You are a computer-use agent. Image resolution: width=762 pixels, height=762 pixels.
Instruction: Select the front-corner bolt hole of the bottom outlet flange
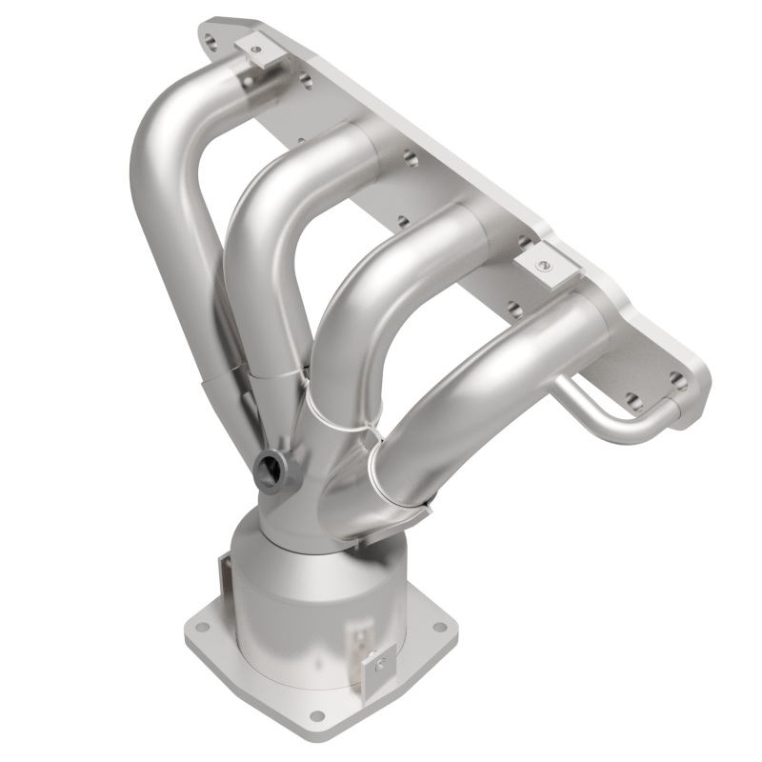point(316,715)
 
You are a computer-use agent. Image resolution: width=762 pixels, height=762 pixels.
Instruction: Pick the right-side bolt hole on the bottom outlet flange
point(439,627)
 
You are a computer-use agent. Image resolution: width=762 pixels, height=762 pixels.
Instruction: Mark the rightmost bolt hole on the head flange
point(677,382)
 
